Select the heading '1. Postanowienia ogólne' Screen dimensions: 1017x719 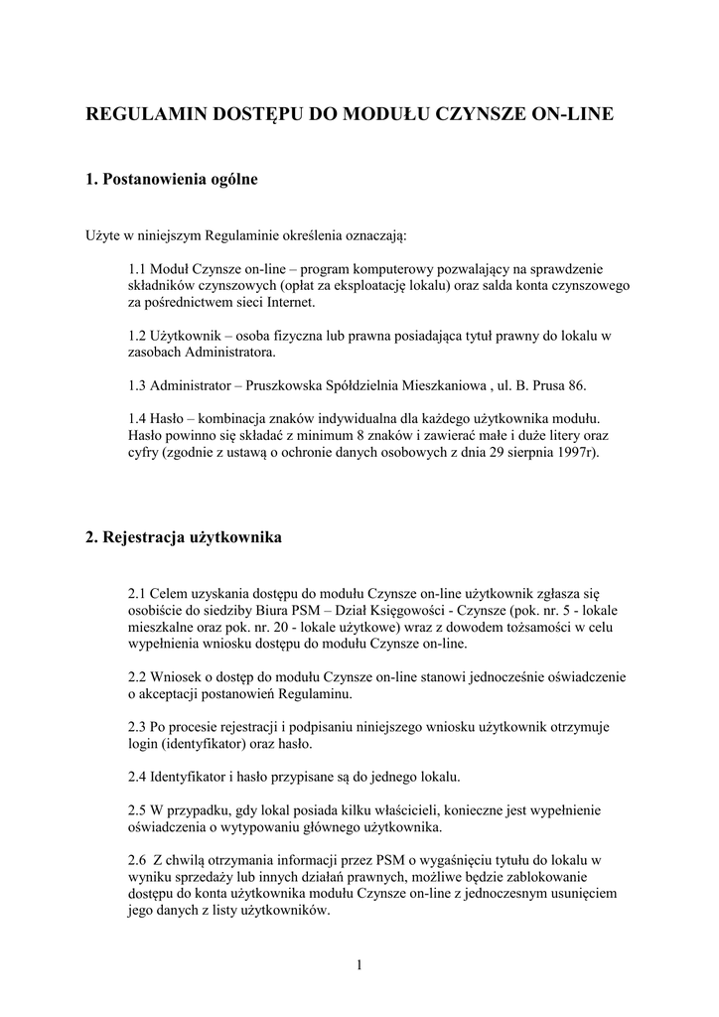point(172,180)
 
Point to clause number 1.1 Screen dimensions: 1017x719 point(139,268)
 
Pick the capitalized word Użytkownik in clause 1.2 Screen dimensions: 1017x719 point(199,336)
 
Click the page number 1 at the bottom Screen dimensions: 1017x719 point(359,964)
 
